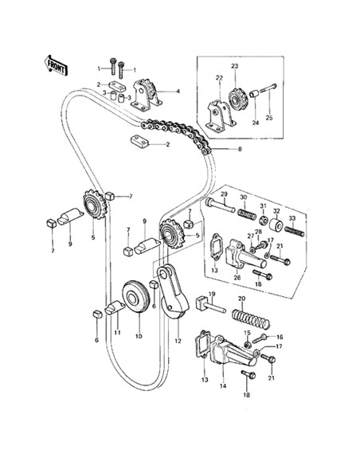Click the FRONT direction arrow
pos(56,65)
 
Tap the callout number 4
pos(178,92)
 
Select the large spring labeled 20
pos(251,318)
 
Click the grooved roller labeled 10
pos(135,296)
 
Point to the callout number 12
pos(178,341)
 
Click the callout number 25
pos(268,118)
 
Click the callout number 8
pos(240,149)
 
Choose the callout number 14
pos(223,386)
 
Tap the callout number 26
pos(237,278)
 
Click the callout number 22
pos(219,78)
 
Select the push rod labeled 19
pos(210,306)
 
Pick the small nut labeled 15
pos(248,345)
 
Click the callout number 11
pos(117,333)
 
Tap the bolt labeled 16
pos(260,338)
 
